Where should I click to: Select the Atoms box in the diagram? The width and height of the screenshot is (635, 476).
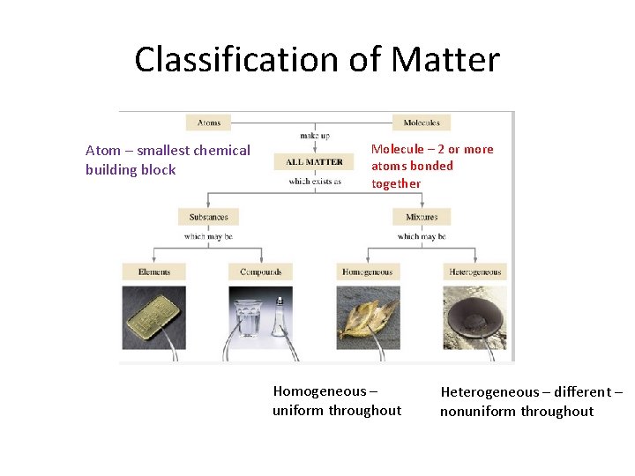point(208,123)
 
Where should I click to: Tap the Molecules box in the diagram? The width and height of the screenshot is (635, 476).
point(422,123)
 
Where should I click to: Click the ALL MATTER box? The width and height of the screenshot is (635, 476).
point(314,161)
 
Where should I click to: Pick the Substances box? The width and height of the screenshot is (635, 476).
point(208,217)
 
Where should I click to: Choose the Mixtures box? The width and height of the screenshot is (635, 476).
point(422,217)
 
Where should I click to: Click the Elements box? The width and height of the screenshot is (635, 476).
point(154,271)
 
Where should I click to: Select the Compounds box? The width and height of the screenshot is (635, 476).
point(260,271)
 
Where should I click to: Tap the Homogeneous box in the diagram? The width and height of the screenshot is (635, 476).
point(367,271)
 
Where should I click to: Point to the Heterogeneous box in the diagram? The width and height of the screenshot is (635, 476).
point(474,271)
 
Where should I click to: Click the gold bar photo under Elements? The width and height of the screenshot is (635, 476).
point(153,316)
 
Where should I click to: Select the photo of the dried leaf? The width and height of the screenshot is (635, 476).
point(368,319)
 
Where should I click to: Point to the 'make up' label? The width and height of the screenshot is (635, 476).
point(314,136)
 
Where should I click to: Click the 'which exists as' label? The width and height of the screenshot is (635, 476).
point(314,182)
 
